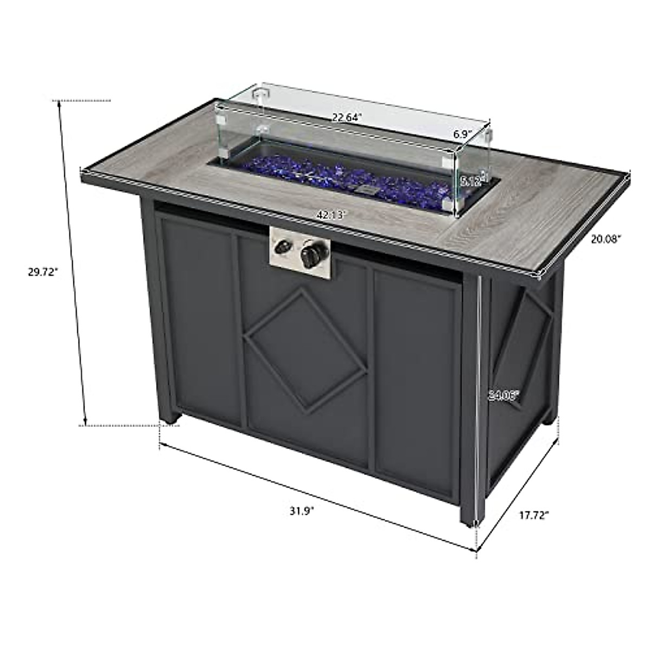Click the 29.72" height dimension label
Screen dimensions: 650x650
click(x=42, y=272)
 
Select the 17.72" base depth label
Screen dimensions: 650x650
click(x=534, y=515)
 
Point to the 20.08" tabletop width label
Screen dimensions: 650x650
click(x=606, y=237)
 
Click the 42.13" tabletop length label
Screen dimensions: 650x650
click(x=331, y=214)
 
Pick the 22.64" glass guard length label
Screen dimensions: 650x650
click(x=347, y=117)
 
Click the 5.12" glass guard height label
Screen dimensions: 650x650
click(x=470, y=180)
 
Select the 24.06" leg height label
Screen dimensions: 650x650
click(x=503, y=395)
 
